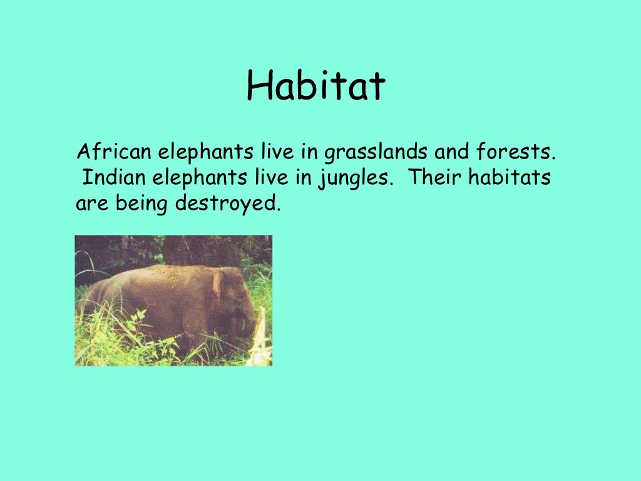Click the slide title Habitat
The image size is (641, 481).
click(315, 86)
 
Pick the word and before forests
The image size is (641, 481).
click(456, 152)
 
